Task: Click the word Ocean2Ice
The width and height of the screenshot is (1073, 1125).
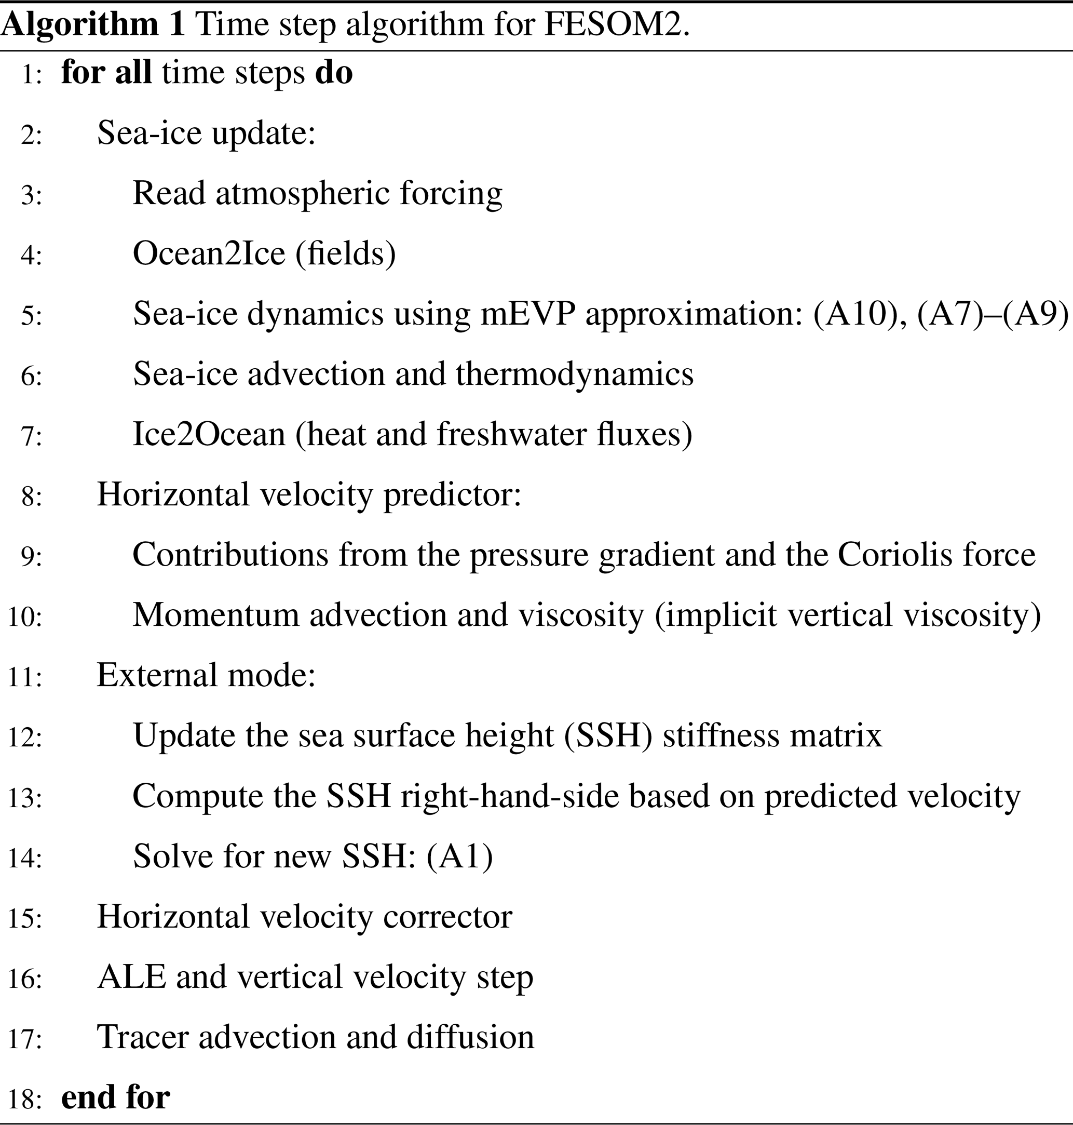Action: (209, 253)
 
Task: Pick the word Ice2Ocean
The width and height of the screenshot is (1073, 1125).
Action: (209, 434)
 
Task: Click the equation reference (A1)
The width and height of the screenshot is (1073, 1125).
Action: (459, 856)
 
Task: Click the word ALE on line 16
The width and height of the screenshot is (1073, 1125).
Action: (131, 977)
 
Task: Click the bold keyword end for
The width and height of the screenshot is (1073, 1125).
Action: (116, 1097)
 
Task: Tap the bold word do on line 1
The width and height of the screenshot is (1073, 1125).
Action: (334, 73)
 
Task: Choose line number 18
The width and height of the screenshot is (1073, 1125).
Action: (24, 1099)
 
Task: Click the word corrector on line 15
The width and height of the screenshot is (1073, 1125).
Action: (447, 917)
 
